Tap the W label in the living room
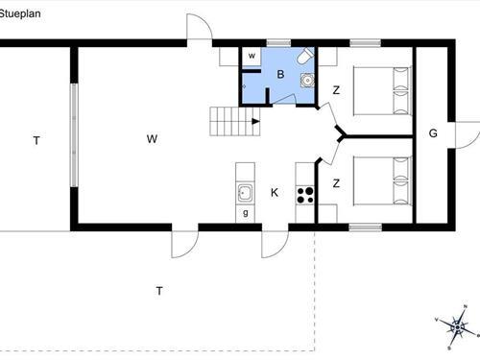pos(152,139)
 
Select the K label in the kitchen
pos(274,193)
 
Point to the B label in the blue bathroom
pos(280,75)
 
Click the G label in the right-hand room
pos(433,133)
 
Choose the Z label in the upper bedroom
pos(336,91)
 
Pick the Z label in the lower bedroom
pos(336,182)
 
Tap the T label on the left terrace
pos(36,141)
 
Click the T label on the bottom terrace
pos(160,290)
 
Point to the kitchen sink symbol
pos(246,191)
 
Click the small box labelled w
pos(252,56)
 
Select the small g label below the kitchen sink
pos(247,212)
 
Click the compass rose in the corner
pos(458,327)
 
